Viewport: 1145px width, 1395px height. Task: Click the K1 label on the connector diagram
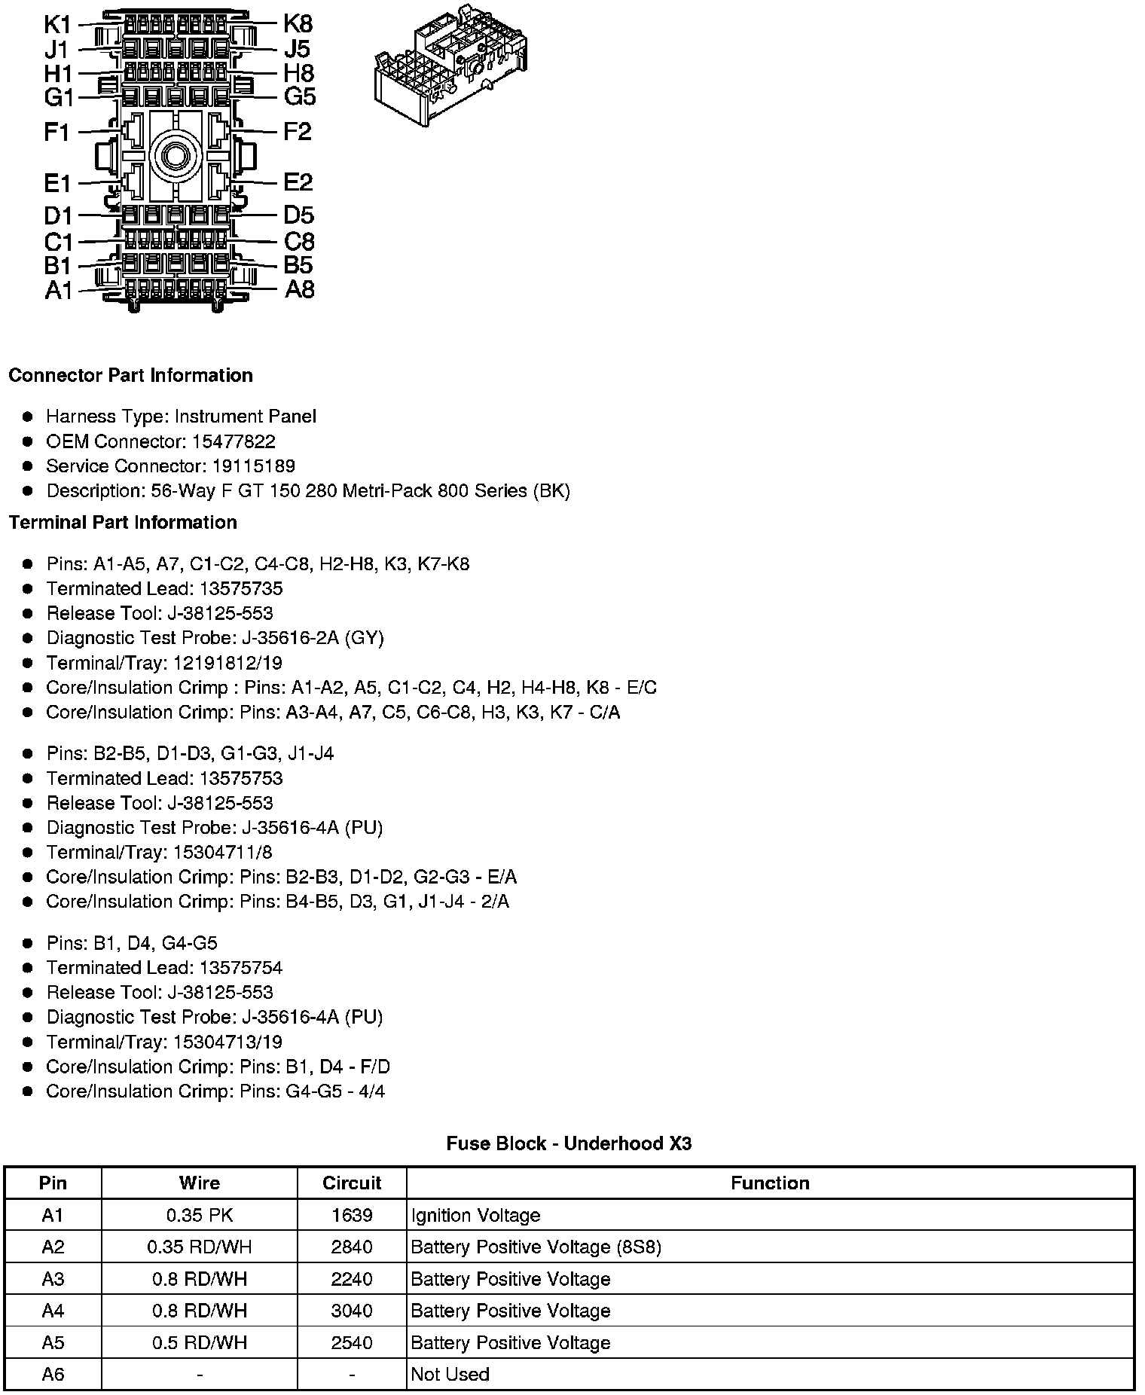click(x=57, y=24)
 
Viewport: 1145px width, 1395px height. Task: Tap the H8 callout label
click(x=298, y=73)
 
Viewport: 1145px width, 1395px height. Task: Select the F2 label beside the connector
click(x=298, y=132)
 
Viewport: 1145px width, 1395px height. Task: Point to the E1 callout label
click(x=57, y=183)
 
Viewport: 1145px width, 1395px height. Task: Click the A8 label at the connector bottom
click(x=299, y=289)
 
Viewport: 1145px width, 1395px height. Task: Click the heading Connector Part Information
click(x=130, y=375)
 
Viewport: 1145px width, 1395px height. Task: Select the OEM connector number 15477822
click(x=234, y=441)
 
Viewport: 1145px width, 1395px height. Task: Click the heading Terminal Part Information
click(x=123, y=522)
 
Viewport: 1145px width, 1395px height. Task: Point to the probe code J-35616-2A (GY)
click(x=313, y=638)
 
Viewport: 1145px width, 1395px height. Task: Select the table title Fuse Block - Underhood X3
click(x=569, y=1143)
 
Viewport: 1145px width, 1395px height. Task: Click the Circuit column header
click(x=352, y=1183)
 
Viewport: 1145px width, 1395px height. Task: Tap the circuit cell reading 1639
click(x=352, y=1216)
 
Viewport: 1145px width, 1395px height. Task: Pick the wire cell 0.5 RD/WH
click(x=200, y=1343)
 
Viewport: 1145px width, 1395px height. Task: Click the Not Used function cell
click(x=450, y=1375)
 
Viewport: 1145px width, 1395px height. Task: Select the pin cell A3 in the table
click(x=53, y=1279)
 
